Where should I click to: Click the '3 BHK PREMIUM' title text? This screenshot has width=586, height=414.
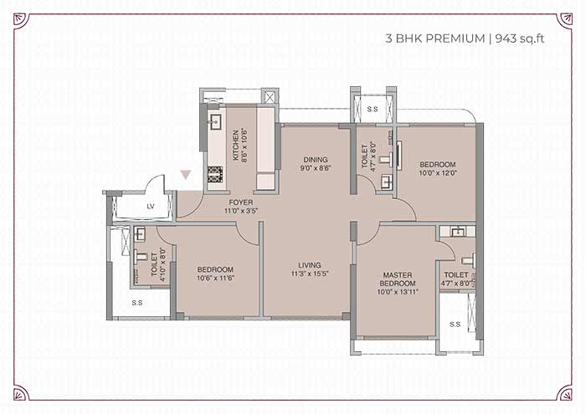[435, 38]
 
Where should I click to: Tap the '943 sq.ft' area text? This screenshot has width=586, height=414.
[520, 38]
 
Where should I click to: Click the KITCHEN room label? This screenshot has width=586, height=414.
[236, 146]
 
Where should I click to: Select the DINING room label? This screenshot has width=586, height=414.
[316, 160]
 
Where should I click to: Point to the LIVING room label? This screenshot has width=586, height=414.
[310, 265]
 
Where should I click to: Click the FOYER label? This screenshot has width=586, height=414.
[241, 202]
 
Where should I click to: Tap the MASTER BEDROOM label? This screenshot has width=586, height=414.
[398, 279]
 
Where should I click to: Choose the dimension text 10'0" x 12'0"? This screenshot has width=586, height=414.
[437, 173]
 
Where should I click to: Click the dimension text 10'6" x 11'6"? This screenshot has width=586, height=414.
[215, 278]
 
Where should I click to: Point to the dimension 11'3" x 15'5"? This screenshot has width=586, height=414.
[310, 273]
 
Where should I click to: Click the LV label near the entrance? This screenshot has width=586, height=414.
[150, 206]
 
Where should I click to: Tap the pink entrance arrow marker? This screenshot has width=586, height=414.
[186, 175]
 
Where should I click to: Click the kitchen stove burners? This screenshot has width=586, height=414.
[215, 175]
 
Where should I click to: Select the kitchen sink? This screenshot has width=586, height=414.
[215, 122]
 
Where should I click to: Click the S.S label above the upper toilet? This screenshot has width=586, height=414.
[373, 109]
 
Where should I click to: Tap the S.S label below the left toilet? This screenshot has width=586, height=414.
[137, 303]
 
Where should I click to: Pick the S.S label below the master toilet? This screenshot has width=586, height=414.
[455, 324]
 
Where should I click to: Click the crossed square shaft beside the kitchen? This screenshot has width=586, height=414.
[270, 97]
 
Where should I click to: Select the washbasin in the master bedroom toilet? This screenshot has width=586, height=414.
[458, 233]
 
